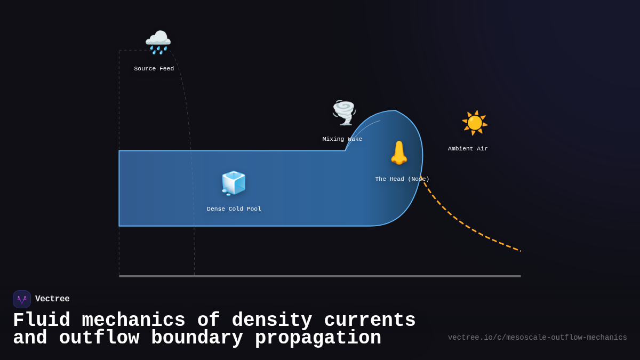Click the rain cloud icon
coord(158,42)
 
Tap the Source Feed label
coord(154,69)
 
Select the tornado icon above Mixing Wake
coord(344,113)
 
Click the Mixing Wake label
coord(342,139)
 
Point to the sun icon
coord(474,123)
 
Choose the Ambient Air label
coord(468,149)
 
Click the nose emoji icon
coord(399,153)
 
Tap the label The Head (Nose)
coord(402,179)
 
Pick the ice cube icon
coord(234,183)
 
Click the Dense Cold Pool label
coord(234,209)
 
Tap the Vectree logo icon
coord(22,299)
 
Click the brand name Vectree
coord(52,299)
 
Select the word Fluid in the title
coord(41,321)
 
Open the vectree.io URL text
coord(537,338)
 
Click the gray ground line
coord(320,276)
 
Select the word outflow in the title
coord(99,338)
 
